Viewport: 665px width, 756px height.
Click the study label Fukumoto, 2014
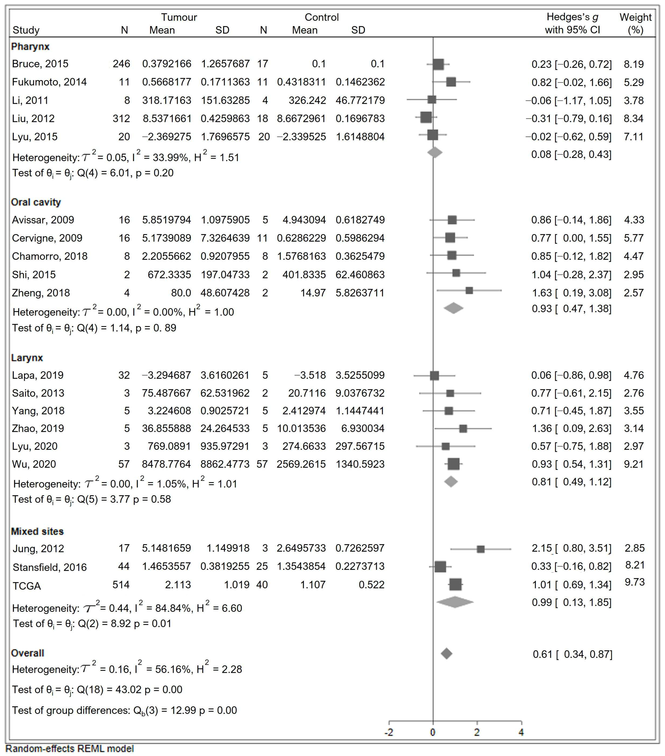point(49,82)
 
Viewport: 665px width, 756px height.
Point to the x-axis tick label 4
point(521,732)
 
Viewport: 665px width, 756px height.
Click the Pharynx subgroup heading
point(30,47)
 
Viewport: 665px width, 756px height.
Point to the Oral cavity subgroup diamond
point(453,308)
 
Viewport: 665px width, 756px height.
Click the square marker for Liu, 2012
point(426,118)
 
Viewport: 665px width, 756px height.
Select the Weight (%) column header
point(635,23)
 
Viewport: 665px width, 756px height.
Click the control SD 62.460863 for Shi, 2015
point(360,275)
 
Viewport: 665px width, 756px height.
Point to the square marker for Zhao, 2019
point(463,429)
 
